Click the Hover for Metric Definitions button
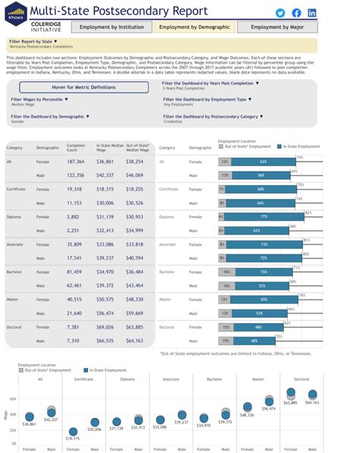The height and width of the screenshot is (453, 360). tap(84, 87)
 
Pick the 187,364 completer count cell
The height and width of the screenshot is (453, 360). tap(76, 162)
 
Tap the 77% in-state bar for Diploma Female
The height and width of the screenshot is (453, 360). tap(263, 216)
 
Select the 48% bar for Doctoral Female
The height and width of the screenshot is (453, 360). tap(258, 327)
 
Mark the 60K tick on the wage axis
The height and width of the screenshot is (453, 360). tap(13, 398)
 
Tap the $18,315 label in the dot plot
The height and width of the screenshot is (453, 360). tap(73, 439)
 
